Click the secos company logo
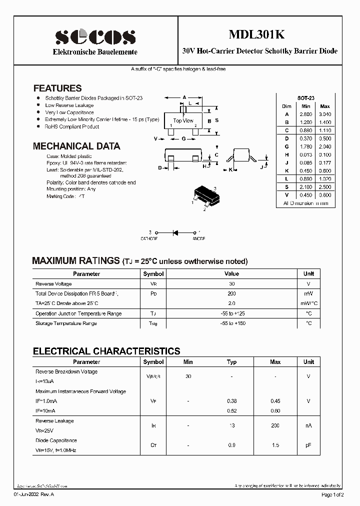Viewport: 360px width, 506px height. click(x=95, y=36)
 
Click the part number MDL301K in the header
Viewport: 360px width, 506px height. click(x=256, y=34)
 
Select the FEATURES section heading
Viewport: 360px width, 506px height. click(x=57, y=88)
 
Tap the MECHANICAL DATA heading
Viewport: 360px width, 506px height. click(x=76, y=146)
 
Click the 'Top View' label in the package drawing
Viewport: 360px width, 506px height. click(x=183, y=120)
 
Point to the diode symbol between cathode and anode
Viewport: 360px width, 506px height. click(x=176, y=232)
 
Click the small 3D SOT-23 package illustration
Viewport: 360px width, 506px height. click(x=203, y=196)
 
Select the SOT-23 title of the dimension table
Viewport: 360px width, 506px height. click(x=305, y=99)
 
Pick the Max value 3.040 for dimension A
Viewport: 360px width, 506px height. click(x=324, y=114)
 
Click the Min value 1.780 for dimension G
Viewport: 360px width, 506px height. click(x=306, y=146)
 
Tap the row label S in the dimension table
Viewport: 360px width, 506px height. click(x=286, y=187)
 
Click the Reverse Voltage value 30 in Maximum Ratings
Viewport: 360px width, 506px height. click(x=231, y=284)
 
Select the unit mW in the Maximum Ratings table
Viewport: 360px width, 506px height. click(x=308, y=294)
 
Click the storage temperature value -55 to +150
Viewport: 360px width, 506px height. click(x=231, y=323)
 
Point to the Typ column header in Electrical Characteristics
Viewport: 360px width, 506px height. click(x=231, y=362)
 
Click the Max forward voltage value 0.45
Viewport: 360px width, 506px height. click(x=275, y=401)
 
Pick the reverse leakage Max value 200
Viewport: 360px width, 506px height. click(x=275, y=425)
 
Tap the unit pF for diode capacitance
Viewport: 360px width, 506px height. click(x=308, y=445)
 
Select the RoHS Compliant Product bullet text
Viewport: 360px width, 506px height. click(x=72, y=127)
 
